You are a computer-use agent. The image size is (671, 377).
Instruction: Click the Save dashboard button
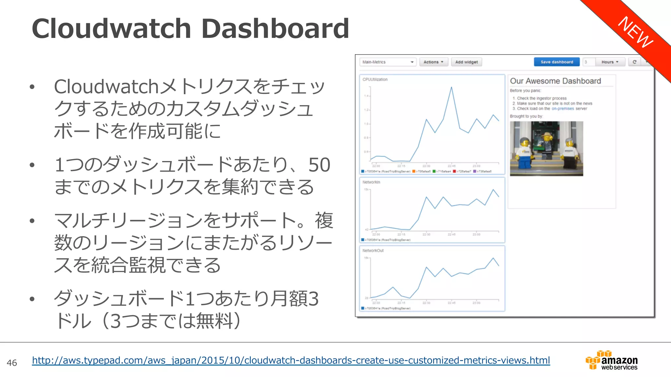point(557,62)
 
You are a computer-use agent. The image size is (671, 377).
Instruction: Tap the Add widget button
point(466,62)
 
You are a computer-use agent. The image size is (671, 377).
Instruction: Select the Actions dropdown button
point(433,62)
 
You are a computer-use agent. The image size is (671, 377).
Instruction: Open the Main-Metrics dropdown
point(388,62)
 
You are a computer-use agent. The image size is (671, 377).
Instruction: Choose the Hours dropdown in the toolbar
point(610,62)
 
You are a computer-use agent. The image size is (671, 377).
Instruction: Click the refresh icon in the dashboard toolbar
point(634,62)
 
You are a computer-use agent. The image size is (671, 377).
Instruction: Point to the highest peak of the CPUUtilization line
point(451,88)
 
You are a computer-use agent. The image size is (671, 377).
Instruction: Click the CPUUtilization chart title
point(375,80)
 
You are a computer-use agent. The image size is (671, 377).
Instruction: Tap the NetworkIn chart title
point(371,182)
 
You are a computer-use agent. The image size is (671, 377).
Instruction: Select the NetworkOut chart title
point(373,251)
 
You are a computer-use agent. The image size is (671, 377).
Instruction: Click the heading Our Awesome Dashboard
point(555,81)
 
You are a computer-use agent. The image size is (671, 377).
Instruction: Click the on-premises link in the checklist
point(563,109)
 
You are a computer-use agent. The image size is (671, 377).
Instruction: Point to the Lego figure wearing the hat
point(546,141)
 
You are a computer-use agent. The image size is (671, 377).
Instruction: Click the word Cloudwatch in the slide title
point(111,29)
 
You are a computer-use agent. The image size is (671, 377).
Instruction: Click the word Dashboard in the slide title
point(275,29)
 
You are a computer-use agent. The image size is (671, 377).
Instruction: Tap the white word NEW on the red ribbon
point(635,32)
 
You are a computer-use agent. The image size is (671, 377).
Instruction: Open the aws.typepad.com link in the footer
point(291,360)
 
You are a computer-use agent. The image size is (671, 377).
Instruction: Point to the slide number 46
point(12,363)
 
